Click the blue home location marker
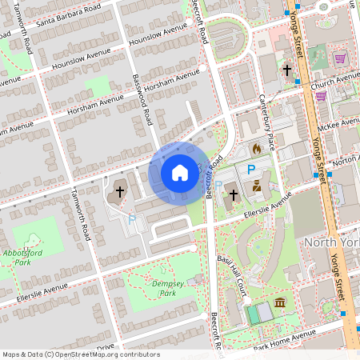point(180,172)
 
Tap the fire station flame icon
point(256,149)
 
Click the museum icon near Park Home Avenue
point(280,302)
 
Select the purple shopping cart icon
point(340,58)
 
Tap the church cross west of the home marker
point(120,191)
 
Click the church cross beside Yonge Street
point(286,70)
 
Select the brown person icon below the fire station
point(257,186)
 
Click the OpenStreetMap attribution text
point(80,354)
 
